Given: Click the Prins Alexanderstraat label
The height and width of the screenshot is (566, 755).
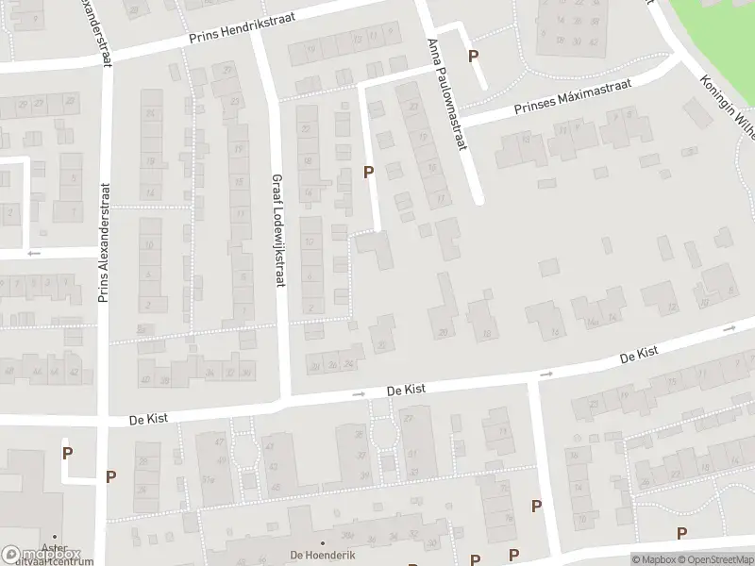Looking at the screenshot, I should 104,242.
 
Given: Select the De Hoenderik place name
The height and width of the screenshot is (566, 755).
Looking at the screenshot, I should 323,556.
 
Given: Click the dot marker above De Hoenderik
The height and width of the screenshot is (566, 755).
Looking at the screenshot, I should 323,543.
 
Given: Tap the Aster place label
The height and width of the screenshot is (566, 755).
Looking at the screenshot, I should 55,548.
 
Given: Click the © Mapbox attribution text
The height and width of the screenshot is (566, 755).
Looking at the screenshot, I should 653,559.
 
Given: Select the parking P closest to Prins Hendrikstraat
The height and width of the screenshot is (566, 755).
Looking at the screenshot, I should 473,56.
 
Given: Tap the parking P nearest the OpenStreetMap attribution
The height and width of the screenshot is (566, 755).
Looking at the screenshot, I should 681,534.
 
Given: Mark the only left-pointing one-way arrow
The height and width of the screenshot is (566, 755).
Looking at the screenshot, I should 35,253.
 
